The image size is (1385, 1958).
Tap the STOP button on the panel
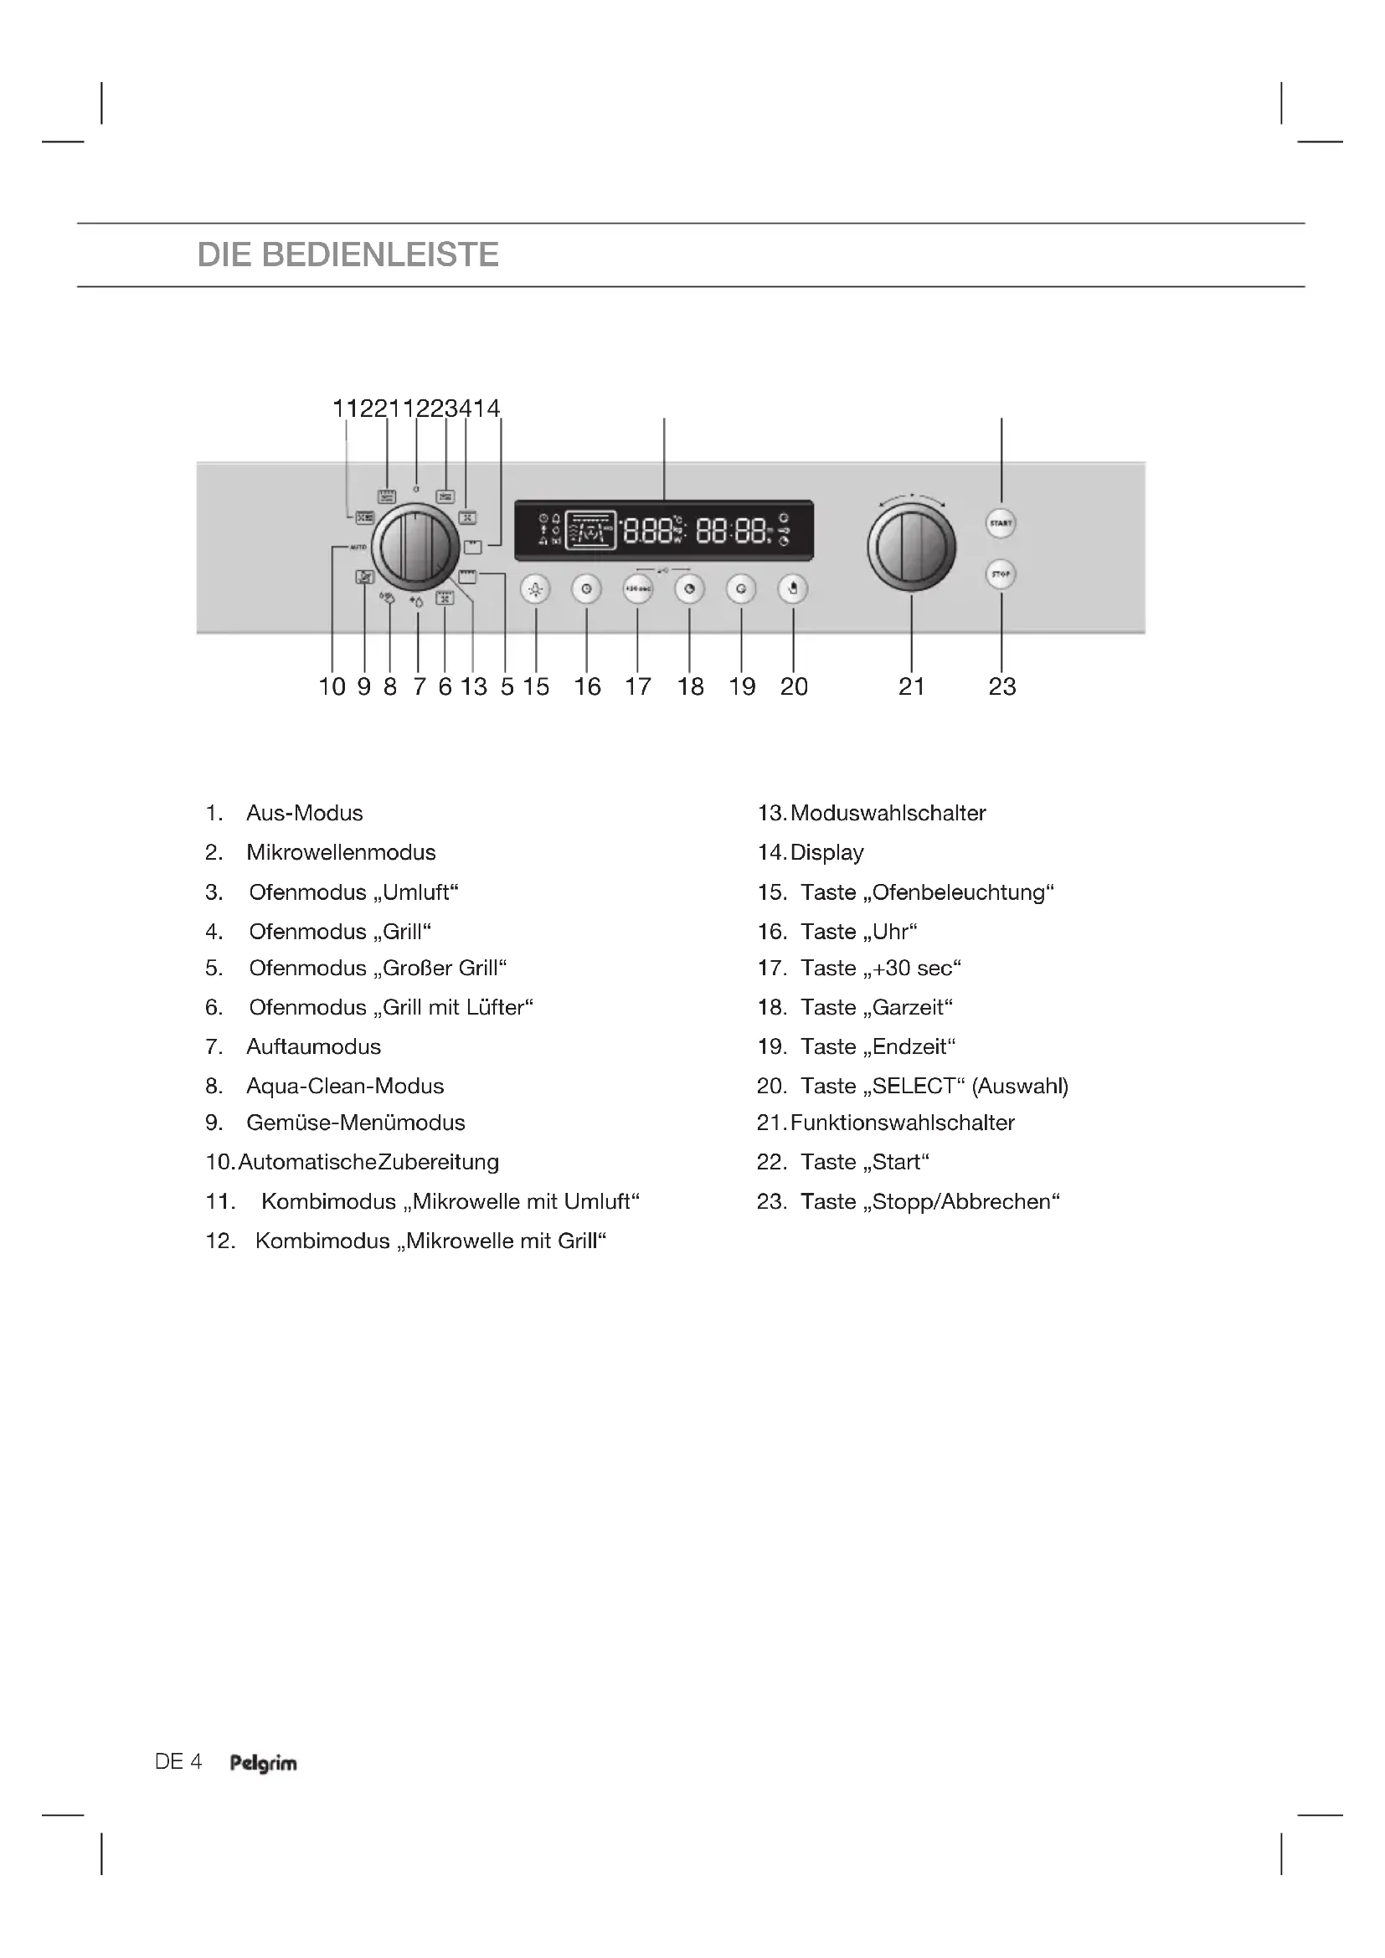pos(1001,574)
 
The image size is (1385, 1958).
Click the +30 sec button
pos(638,588)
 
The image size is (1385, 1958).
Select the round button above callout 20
pos(793,588)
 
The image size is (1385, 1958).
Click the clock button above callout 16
pos(587,588)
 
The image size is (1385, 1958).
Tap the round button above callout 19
pos(741,588)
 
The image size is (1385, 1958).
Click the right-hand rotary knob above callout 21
pos(912,547)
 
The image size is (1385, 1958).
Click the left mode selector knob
pos(416,547)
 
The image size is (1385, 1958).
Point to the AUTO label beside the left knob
pos(358,547)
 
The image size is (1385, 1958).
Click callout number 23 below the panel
pos(1002,686)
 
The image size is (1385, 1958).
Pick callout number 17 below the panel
pos(638,686)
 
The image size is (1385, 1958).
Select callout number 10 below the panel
pos(332,686)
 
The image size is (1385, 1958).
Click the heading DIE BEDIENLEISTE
pos(348,255)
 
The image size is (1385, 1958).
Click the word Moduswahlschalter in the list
pos(888,814)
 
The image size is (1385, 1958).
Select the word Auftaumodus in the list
pos(314,1047)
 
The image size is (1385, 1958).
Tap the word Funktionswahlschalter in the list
pos(903,1123)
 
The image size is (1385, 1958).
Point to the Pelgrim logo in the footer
pos(264,1763)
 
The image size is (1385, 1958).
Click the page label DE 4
pos(178,1762)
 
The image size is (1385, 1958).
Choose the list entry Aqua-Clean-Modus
pos(345,1087)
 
